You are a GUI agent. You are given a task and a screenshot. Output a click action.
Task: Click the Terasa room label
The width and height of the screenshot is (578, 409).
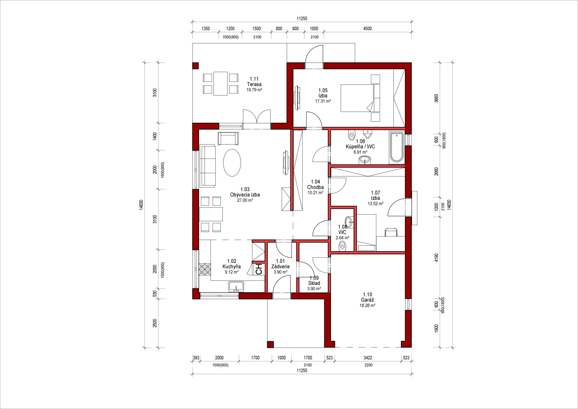(254, 84)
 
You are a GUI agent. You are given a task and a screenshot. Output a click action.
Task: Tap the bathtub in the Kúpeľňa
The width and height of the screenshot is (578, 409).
(396, 148)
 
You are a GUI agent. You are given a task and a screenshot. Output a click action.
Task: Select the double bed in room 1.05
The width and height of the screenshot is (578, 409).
(360, 98)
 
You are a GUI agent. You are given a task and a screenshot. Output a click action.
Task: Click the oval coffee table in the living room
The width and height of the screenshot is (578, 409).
(232, 163)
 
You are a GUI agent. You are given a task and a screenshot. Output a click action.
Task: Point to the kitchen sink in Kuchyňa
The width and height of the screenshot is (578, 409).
(236, 286)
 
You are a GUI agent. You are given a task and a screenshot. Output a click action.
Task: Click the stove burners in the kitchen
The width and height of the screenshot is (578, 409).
(205, 269)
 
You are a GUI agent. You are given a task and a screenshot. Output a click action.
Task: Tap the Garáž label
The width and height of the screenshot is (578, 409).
(367, 300)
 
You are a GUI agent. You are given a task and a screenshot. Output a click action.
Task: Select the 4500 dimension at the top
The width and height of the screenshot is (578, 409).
(367, 29)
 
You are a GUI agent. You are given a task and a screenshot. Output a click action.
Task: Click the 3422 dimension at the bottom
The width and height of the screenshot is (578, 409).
(368, 358)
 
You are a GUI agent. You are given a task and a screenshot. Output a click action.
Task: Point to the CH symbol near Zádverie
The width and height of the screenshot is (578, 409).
(259, 269)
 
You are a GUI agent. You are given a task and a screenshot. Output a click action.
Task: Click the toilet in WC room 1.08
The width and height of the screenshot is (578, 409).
(342, 247)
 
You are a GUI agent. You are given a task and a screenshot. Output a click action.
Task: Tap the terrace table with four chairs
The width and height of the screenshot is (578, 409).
(220, 83)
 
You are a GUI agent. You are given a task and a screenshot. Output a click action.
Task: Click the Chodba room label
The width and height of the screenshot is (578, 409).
(315, 187)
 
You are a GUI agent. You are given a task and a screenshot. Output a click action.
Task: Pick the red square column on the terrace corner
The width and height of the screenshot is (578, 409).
(196, 66)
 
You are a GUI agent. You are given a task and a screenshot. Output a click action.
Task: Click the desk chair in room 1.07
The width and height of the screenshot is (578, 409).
(391, 232)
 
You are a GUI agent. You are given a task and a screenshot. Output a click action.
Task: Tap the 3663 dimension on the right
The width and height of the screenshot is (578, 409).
(436, 98)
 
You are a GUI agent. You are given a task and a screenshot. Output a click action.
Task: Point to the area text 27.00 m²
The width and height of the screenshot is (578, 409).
(245, 200)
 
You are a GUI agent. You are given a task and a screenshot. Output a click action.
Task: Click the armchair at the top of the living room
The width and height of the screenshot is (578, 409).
(228, 138)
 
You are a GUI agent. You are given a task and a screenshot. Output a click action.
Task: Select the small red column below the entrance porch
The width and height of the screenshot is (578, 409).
(270, 345)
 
